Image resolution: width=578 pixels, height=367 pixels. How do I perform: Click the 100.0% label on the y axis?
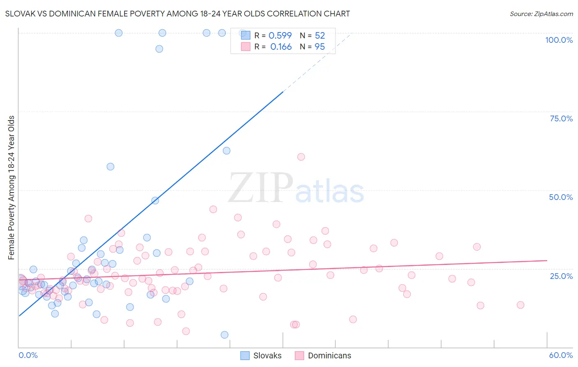click(559, 40)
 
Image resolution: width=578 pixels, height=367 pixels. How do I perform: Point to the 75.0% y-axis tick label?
click(561, 118)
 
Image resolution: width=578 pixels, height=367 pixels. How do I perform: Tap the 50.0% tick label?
click(561, 197)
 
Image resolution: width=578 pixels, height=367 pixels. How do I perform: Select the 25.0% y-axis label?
click(561, 276)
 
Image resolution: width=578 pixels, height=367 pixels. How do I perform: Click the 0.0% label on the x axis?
click(28, 355)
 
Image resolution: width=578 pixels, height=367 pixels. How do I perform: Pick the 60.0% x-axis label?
click(561, 355)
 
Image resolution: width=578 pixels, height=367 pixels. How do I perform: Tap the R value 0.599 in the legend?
click(280, 35)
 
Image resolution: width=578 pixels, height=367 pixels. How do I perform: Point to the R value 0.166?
click(281, 46)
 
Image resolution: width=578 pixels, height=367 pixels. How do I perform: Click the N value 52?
click(320, 35)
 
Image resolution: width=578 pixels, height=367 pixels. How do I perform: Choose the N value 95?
click(320, 46)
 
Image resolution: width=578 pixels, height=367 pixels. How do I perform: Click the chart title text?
click(178, 14)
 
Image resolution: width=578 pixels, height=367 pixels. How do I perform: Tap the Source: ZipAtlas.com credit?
click(541, 14)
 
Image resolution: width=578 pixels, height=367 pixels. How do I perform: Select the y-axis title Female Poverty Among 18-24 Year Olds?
click(12, 188)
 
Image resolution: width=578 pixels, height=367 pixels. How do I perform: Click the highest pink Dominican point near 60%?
click(301, 157)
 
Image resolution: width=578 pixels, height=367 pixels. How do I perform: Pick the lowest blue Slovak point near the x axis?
click(224, 335)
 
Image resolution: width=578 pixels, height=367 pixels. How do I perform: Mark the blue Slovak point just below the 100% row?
click(159, 49)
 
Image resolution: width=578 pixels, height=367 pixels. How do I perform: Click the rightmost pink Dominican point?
click(520, 305)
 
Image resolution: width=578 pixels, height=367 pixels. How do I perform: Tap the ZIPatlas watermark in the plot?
click(296, 188)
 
